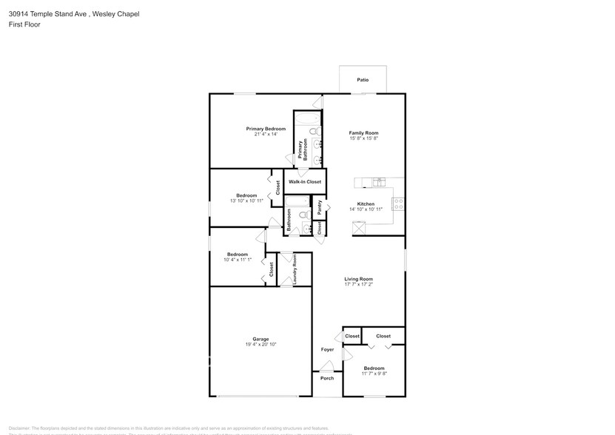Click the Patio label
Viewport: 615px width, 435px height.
(362, 80)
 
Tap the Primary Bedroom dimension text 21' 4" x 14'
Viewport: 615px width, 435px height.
(266, 135)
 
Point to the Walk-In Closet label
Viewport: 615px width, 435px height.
(305, 181)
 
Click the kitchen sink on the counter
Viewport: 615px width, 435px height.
(379, 182)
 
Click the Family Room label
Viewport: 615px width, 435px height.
(363, 133)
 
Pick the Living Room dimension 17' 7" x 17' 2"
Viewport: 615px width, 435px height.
(358, 284)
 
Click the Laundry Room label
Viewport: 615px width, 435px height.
(295, 269)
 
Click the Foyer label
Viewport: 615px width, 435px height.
(327, 349)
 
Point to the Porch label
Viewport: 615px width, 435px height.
(327, 378)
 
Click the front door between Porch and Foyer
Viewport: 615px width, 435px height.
(326, 369)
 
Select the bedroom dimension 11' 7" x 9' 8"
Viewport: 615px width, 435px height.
(374, 374)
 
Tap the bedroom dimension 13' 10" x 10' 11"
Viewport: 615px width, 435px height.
(246, 200)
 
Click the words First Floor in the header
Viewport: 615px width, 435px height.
(24, 24)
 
